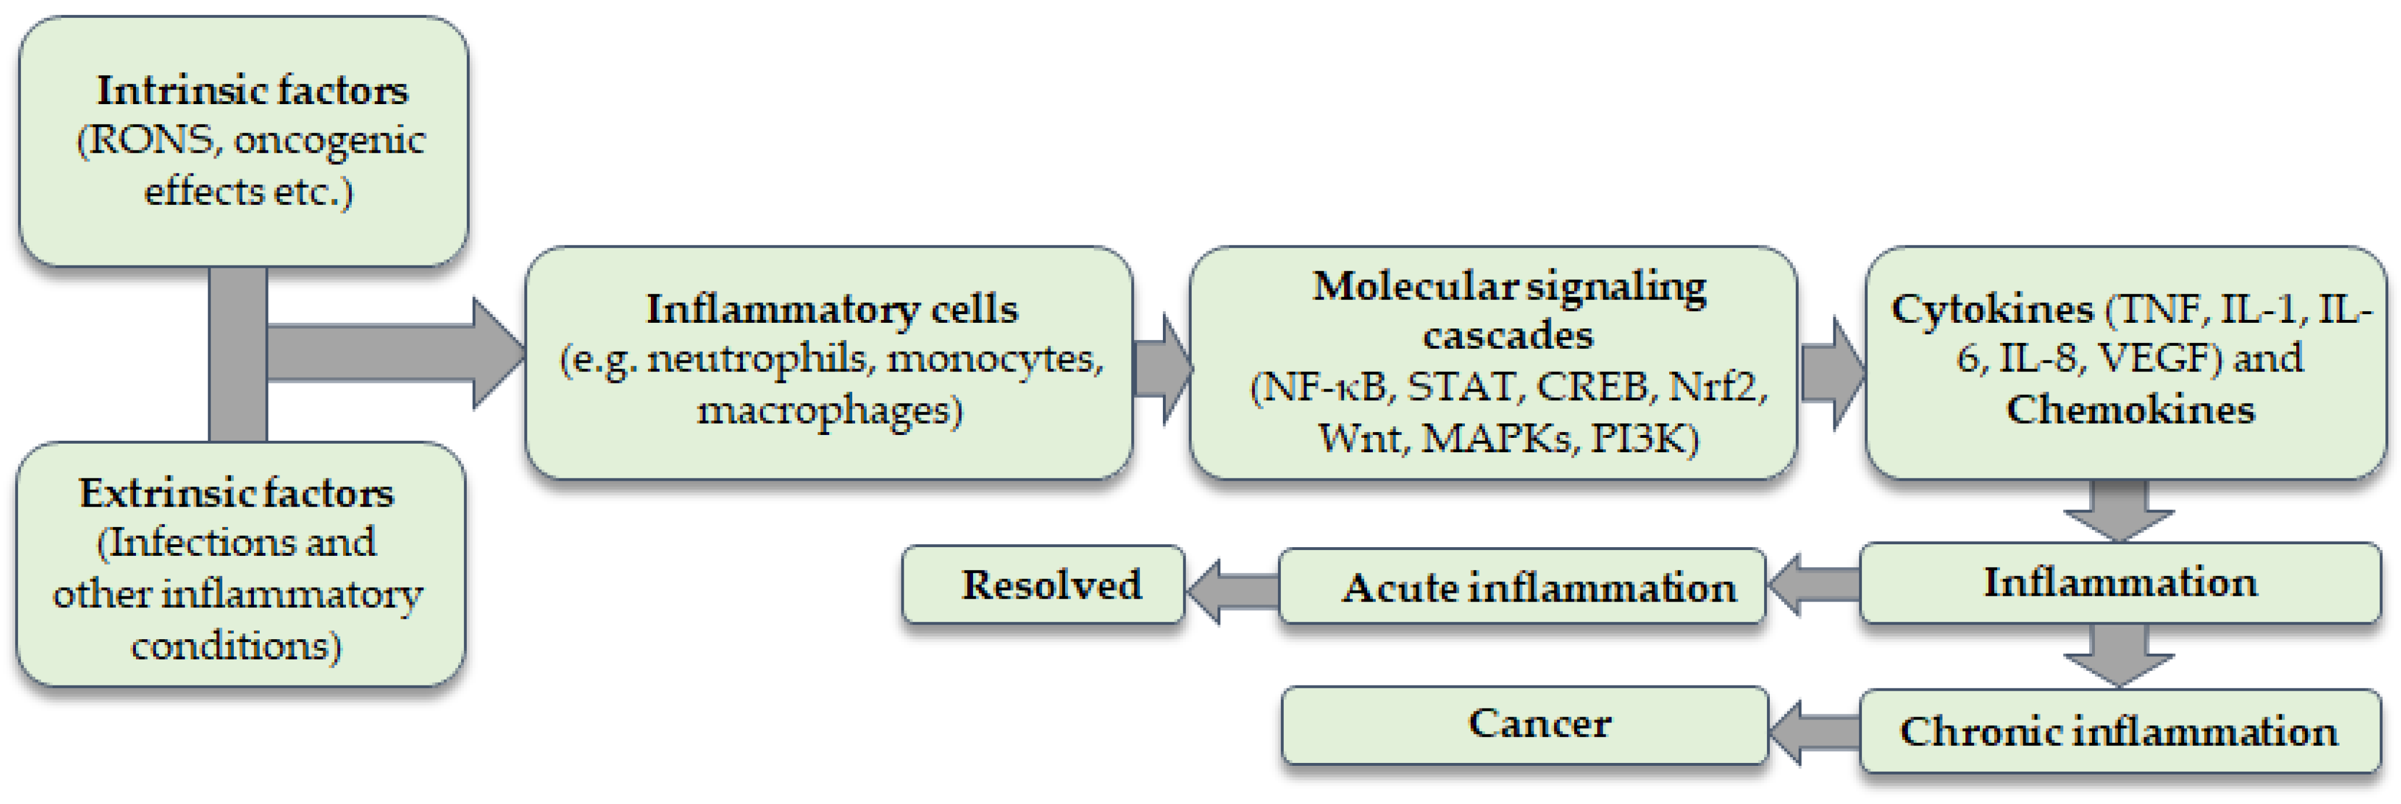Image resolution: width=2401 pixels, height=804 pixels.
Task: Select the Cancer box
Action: coord(1525,725)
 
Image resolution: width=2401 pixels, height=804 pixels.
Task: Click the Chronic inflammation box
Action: coord(2119,731)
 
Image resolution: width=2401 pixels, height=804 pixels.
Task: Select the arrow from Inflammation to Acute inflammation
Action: coord(1813,585)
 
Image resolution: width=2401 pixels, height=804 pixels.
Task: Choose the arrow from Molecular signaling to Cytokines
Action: coord(1832,373)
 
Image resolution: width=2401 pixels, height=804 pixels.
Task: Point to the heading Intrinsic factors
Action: coord(252,90)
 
